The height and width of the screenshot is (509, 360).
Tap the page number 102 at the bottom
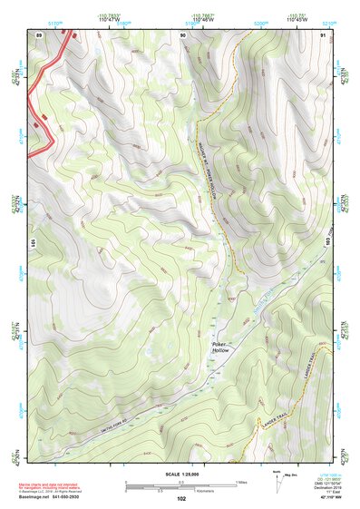click(x=180, y=499)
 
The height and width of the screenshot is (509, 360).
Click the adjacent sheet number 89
click(x=39, y=34)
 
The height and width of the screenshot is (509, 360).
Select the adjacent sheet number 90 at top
click(x=183, y=34)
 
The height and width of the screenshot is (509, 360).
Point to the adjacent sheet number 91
click(x=323, y=34)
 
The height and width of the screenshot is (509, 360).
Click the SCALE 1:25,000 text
click(x=180, y=474)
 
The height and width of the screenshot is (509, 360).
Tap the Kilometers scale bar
click(x=180, y=489)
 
